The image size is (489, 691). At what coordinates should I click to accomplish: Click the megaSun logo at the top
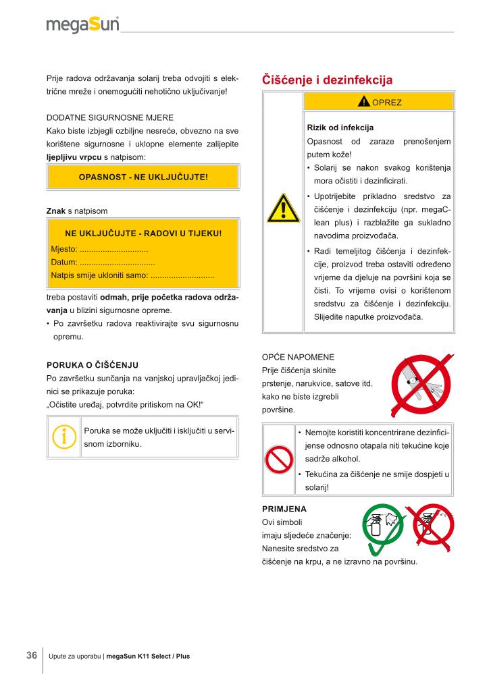click(x=82, y=26)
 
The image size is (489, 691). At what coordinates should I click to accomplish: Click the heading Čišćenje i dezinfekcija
click(x=327, y=80)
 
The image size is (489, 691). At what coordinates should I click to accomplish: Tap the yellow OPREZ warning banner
click(x=377, y=102)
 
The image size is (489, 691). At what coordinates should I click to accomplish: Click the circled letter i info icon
click(x=64, y=437)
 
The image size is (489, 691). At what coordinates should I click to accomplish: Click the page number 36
click(x=32, y=655)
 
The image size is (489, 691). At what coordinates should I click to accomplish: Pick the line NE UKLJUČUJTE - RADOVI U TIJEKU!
click(x=143, y=234)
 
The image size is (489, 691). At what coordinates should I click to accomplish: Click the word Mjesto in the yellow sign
click(x=63, y=249)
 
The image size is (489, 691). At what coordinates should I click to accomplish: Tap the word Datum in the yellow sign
click(x=63, y=262)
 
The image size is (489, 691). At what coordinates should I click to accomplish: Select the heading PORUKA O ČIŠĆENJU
click(x=91, y=365)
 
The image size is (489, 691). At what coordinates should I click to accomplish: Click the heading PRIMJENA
click(x=283, y=509)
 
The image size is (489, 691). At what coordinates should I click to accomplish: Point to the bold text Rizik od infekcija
click(x=340, y=128)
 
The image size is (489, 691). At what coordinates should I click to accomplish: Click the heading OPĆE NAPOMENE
click(x=297, y=356)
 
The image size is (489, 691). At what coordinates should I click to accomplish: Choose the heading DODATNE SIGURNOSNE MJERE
click(x=109, y=117)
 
